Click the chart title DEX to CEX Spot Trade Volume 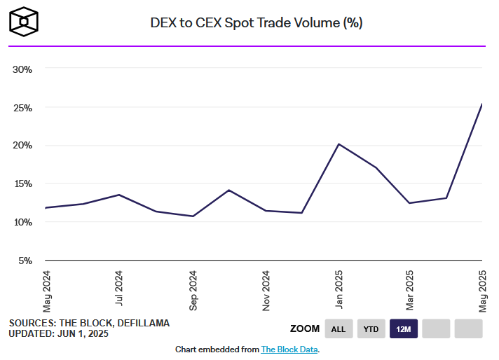pos(256,22)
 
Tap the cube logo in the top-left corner pos(24,22)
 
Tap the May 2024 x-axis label pos(47,290)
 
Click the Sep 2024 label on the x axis pos(193,290)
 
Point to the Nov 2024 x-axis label pos(266,290)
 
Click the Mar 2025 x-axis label pos(411,290)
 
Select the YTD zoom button pos(371,328)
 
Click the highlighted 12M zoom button pos(404,328)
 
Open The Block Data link pos(289,349)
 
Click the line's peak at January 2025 pos(339,144)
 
